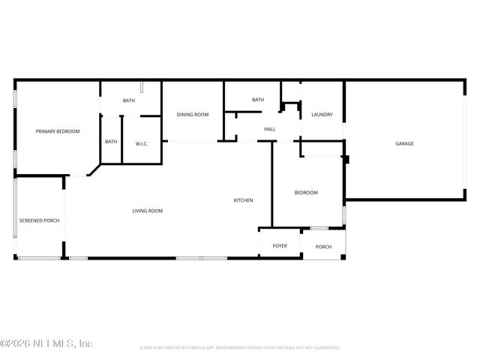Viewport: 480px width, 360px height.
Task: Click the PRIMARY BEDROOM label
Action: [x=58, y=131]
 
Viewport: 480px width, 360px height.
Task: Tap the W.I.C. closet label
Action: [x=141, y=142]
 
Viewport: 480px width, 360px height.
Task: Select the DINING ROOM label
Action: [x=193, y=115]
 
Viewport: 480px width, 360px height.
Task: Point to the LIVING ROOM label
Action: [x=148, y=211]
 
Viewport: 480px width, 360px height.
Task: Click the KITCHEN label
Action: [x=243, y=200]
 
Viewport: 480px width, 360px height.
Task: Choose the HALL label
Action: [x=270, y=129]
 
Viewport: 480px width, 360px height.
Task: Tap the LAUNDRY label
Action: [x=322, y=115]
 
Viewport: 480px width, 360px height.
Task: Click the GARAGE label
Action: [x=405, y=143]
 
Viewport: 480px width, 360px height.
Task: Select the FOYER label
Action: [x=280, y=246]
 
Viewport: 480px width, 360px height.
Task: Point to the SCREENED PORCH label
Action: [x=39, y=220]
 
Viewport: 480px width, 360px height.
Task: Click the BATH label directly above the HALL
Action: [x=258, y=100]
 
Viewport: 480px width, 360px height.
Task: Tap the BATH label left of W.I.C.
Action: [x=111, y=142]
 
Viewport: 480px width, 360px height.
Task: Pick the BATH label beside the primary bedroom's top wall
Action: [x=129, y=100]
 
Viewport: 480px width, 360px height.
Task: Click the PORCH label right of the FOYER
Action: [x=323, y=247]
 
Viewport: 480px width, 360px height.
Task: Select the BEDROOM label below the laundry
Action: [x=306, y=193]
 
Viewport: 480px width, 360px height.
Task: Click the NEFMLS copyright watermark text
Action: [x=46, y=343]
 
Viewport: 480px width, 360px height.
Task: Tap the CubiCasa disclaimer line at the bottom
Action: [x=240, y=348]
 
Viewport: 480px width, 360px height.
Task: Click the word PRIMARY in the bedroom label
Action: [x=46, y=131]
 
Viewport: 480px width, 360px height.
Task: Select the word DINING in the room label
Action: [x=185, y=115]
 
